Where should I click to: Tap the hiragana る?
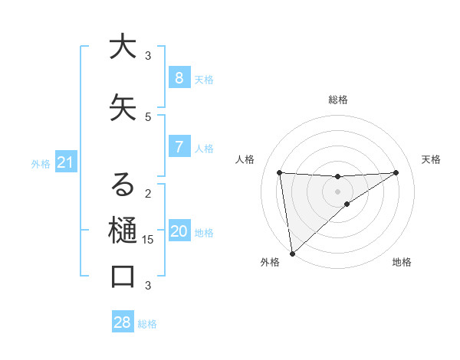point(123,185)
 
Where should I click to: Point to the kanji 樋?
point(123,231)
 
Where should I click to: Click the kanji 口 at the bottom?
point(123,277)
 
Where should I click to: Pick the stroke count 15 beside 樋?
point(148,240)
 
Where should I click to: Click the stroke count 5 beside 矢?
point(148,116)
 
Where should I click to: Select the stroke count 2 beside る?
point(148,193)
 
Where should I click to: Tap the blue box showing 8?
point(179,78)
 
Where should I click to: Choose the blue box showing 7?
point(179,147)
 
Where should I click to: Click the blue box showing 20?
point(179,232)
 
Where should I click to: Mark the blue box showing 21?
point(65,162)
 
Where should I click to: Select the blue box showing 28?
point(123,322)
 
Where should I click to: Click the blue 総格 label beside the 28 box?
point(147,324)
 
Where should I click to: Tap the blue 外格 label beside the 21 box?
point(41,164)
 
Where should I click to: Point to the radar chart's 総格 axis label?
point(338,100)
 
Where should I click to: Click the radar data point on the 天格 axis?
point(396,172)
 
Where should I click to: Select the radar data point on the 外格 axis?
point(292,253)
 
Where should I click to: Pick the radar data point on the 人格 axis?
point(280,172)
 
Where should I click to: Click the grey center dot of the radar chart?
point(337,191)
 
